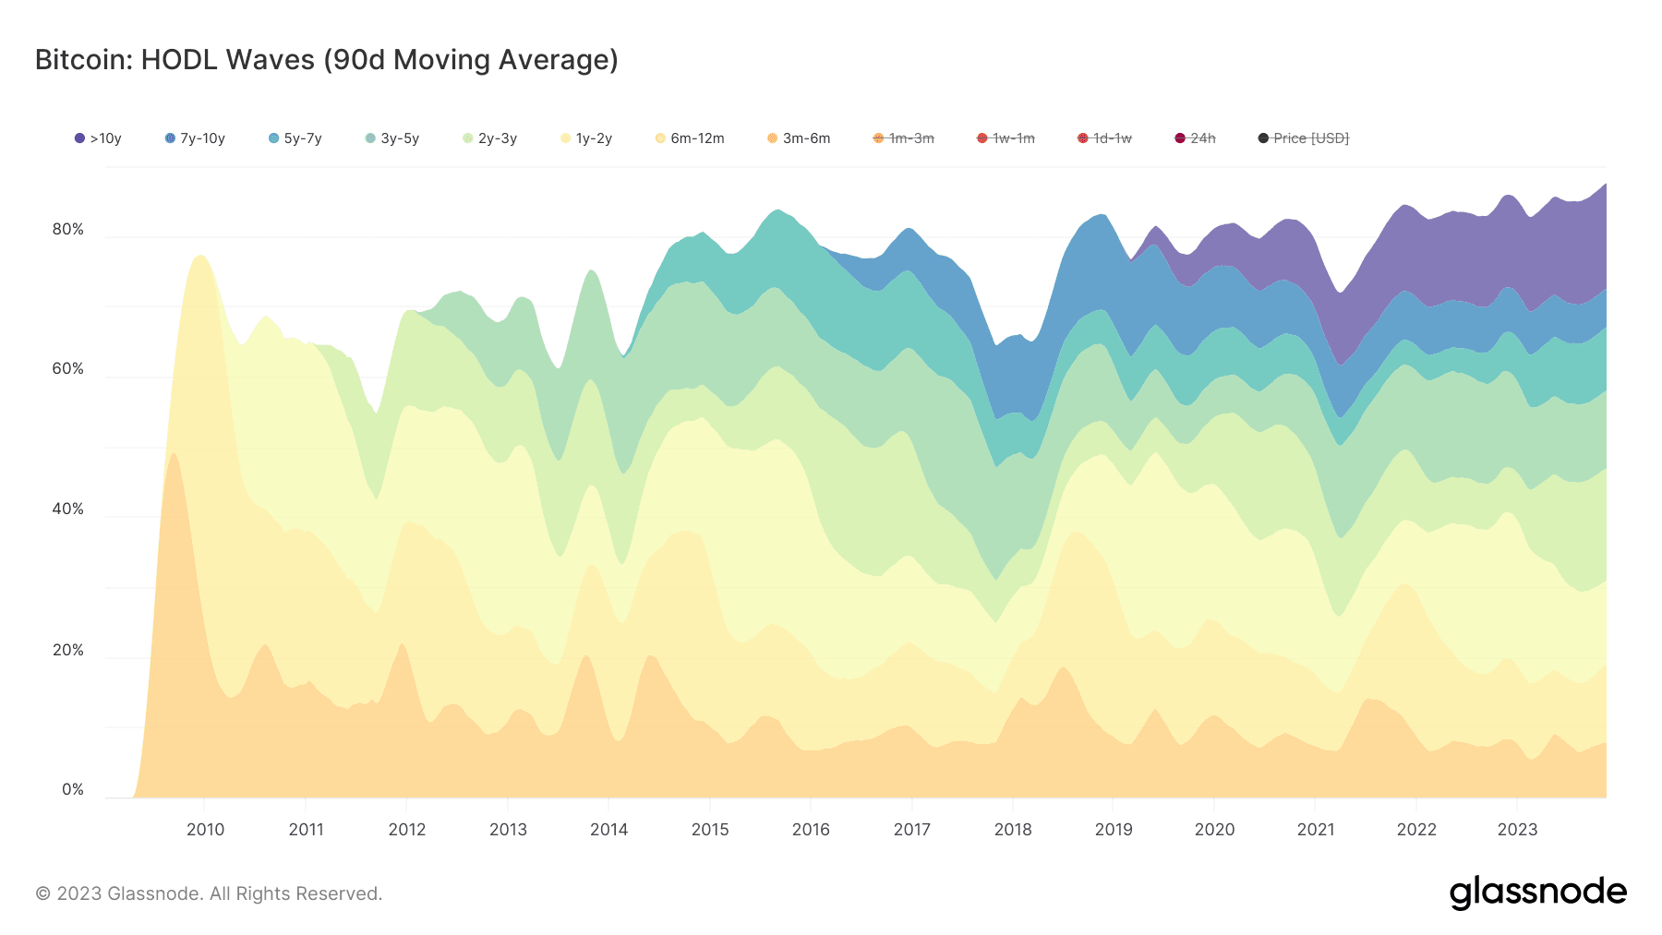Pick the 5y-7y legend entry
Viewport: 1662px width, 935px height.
295,138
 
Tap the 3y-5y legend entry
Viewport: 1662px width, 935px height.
392,138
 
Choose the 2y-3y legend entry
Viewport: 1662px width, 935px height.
490,138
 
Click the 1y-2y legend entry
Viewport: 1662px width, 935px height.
586,138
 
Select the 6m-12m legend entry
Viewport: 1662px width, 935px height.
690,138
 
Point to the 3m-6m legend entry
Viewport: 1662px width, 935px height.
799,138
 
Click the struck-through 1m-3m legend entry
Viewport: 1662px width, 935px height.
904,138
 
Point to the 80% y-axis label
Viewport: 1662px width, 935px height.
67,229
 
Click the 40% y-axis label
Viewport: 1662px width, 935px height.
67,509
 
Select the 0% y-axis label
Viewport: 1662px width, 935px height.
72,789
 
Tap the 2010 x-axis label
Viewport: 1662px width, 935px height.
205,830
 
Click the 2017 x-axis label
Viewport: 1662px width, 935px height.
911,830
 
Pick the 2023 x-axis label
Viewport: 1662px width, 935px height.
1517,830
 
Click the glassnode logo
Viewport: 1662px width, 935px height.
1537,893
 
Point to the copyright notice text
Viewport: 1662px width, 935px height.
209,893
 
